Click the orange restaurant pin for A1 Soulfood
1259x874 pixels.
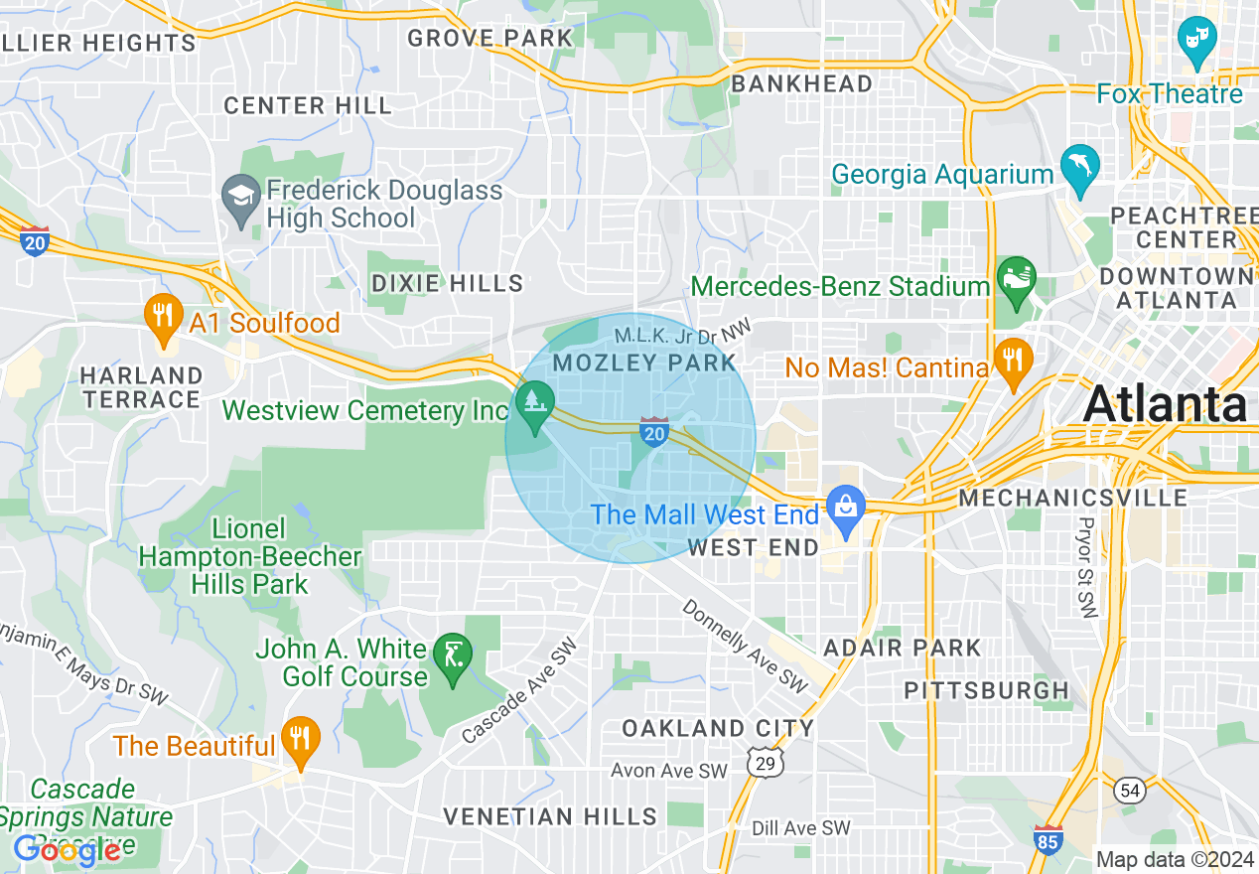click(x=161, y=317)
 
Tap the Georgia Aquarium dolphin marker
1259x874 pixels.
click(x=1078, y=168)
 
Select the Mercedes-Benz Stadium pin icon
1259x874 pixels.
click(x=1017, y=278)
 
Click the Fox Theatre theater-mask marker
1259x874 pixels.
click(x=1196, y=42)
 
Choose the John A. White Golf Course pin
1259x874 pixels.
click(x=453, y=656)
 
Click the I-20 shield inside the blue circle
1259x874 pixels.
click(x=653, y=432)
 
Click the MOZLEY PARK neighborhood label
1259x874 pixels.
click(x=644, y=363)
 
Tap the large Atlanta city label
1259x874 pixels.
click(x=1165, y=404)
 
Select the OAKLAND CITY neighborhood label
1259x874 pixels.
click(x=718, y=728)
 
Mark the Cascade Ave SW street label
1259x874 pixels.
click(x=519, y=691)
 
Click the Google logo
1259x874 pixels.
click(x=68, y=850)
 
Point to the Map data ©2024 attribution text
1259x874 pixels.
click(x=1173, y=859)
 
